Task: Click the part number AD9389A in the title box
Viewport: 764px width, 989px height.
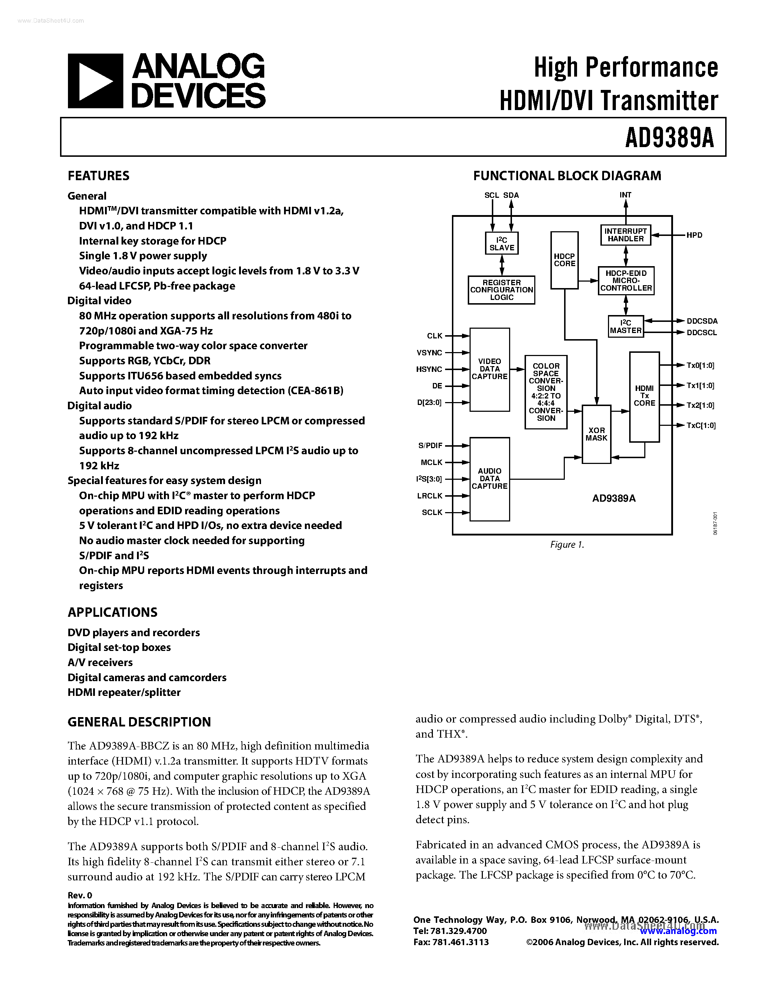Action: [x=669, y=138]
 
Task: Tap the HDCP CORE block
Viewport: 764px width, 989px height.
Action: [x=564, y=260]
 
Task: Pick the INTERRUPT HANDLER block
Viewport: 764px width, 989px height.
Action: [x=626, y=235]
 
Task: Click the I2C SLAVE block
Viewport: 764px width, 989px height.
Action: [x=502, y=243]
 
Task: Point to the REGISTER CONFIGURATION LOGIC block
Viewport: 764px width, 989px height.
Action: [x=502, y=290]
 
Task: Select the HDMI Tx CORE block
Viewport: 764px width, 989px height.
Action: [x=644, y=396]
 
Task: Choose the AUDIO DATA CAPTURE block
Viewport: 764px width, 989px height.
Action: [x=489, y=479]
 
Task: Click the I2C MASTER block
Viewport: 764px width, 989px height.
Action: [x=626, y=327]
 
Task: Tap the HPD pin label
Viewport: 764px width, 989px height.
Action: [x=694, y=235]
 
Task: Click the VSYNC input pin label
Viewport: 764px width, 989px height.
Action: [x=429, y=352]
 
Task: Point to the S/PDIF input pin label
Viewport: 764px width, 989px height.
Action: [x=430, y=446]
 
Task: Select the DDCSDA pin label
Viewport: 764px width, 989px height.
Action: [x=702, y=321]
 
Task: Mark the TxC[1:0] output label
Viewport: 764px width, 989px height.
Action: [x=701, y=425]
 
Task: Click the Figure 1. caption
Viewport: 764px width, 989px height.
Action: [x=567, y=545]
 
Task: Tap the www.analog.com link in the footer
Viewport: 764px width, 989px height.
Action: [x=678, y=931]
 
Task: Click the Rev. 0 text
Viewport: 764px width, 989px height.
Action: [x=80, y=895]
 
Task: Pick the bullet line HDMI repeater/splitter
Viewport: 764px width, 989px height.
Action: [x=124, y=692]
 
